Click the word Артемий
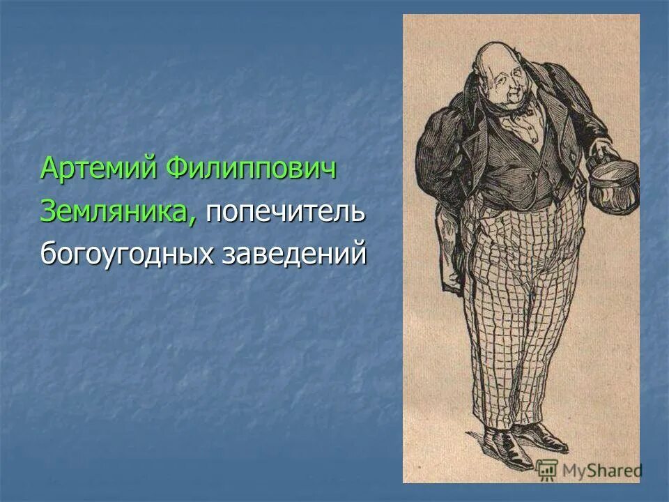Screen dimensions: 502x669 click(x=95, y=169)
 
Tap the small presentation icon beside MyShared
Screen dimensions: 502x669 click(x=547, y=469)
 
